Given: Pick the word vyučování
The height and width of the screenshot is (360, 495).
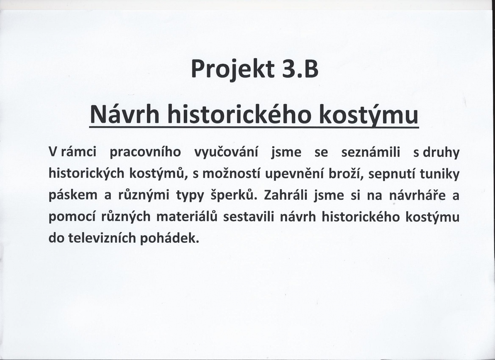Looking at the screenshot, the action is click(226, 153).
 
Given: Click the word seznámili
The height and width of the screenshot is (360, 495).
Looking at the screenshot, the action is click(371, 152).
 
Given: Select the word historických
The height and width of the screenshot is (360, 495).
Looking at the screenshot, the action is click(86, 174).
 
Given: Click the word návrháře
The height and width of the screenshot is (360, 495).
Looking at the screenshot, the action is click(417, 196).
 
